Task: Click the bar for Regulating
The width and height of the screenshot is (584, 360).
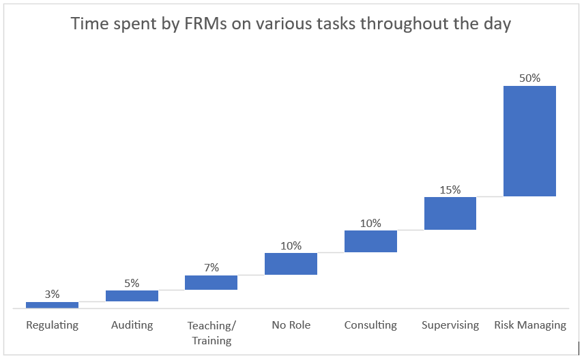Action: [x=52, y=305]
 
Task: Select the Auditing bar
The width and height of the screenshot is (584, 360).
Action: [x=132, y=295]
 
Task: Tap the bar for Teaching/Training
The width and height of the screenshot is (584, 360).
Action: [x=211, y=282]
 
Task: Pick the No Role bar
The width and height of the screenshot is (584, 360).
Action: [x=291, y=264]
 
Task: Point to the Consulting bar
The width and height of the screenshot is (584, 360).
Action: [x=370, y=241]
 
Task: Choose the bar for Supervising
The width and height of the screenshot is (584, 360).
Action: [x=450, y=213]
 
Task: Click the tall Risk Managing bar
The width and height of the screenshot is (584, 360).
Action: [x=529, y=141]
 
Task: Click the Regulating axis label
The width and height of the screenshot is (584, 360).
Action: [x=52, y=325]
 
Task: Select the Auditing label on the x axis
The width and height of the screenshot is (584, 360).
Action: [x=132, y=325]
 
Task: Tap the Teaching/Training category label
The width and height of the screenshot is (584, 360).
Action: [x=211, y=333]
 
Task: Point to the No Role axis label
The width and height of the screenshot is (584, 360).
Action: [x=291, y=325]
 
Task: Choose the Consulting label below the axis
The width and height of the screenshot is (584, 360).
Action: [x=370, y=325]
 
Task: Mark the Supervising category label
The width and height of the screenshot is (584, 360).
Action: [x=450, y=325]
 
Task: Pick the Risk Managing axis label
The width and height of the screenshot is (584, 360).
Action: [x=530, y=325]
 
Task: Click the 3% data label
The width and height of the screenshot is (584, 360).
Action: [x=52, y=295]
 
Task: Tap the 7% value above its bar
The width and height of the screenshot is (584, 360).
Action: [x=211, y=268]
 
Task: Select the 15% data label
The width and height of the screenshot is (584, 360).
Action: [x=450, y=190]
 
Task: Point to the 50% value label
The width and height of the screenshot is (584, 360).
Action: [x=529, y=78]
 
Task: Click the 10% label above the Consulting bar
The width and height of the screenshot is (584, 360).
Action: [x=370, y=223]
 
